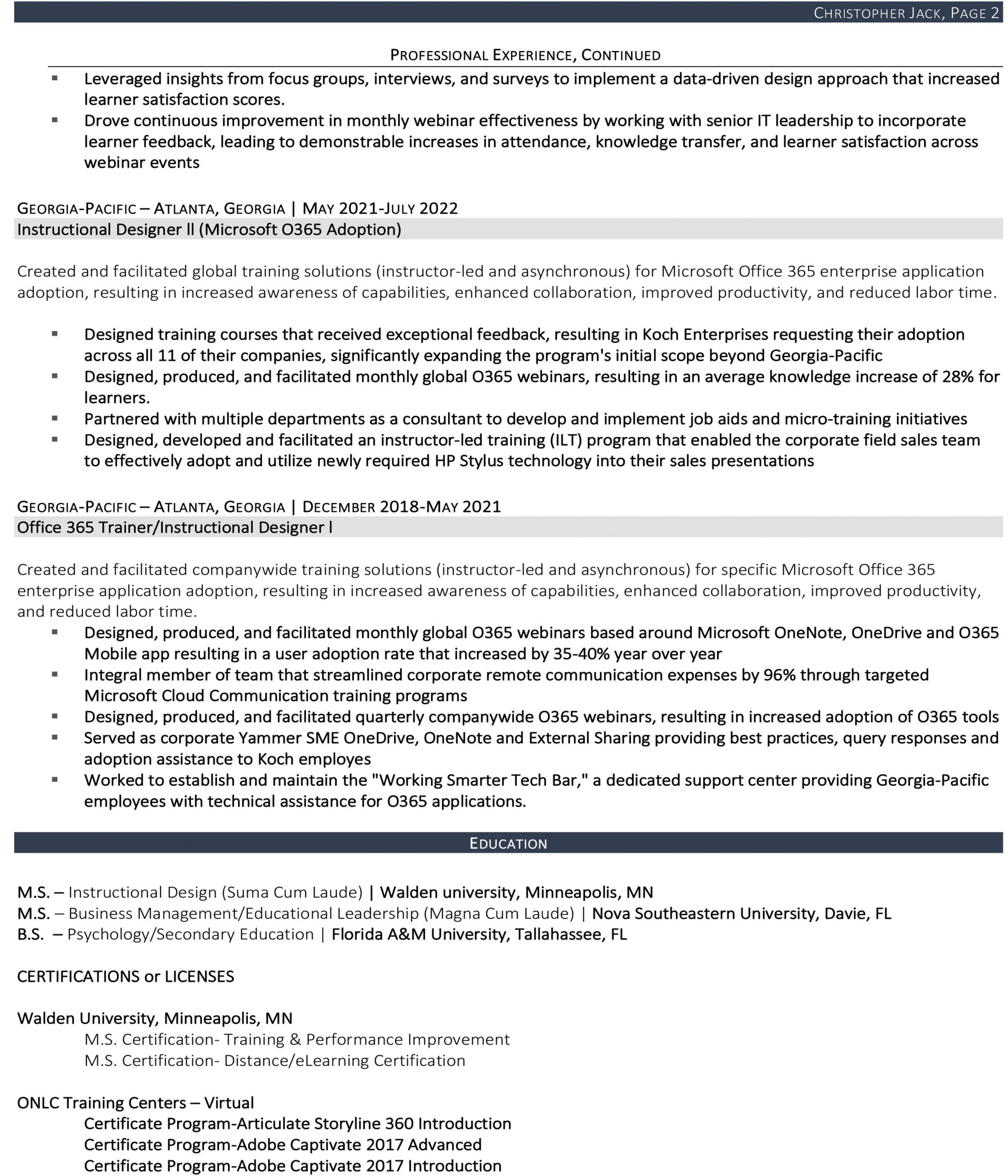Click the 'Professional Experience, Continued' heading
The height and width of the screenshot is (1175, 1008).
coord(525,55)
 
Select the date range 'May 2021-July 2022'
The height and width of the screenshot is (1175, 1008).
coord(380,209)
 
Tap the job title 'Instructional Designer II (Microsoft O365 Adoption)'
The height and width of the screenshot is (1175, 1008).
coord(209,229)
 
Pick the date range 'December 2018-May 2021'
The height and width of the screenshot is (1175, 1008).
coord(401,507)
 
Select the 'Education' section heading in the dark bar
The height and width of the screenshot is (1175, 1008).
coord(508,843)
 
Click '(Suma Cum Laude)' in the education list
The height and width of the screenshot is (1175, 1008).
coord(292,893)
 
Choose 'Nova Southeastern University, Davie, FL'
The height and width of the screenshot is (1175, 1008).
coord(741,913)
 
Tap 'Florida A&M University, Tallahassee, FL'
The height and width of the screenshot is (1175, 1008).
coord(479,934)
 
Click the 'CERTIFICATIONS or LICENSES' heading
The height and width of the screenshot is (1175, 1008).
coord(125,977)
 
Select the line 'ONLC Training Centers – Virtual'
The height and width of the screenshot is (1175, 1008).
coord(135,1103)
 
